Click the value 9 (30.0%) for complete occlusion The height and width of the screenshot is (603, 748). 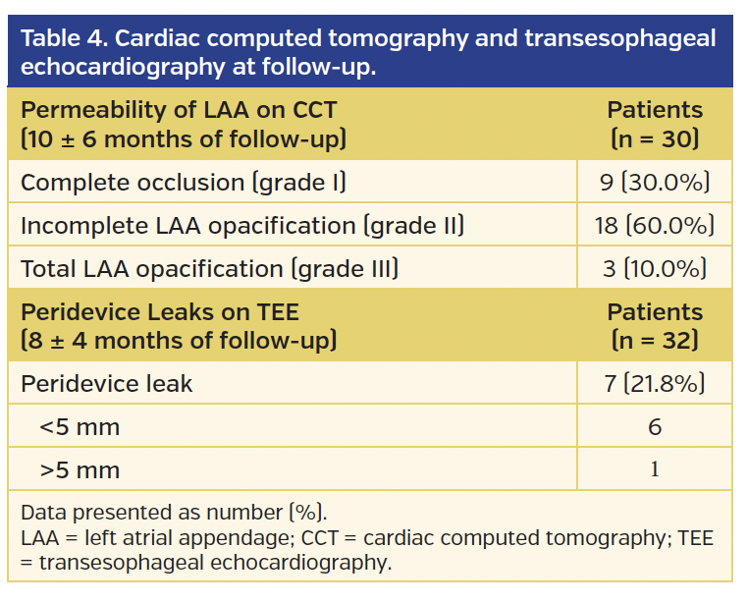(x=655, y=183)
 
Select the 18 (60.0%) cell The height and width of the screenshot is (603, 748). (x=655, y=226)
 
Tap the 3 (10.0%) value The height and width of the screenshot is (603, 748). (x=655, y=269)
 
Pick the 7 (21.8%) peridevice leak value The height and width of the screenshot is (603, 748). (x=655, y=383)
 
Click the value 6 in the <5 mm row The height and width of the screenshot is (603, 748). (x=655, y=426)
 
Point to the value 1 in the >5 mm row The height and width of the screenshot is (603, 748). (x=655, y=469)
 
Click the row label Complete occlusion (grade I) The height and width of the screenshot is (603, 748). (x=183, y=183)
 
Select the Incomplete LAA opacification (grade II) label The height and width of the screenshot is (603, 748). (x=241, y=226)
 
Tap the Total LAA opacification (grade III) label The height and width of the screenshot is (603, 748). (x=209, y=269)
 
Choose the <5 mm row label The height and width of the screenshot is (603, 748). (x=80, y=426)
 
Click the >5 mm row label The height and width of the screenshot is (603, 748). (x=80, y=469)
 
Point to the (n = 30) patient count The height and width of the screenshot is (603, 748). (x=655, y=138)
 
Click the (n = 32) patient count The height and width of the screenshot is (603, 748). (x=655, y=341)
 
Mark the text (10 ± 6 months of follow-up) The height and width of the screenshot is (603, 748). (x=183, y=138)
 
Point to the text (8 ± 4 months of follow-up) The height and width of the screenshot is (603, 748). (x=178, y=341)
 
